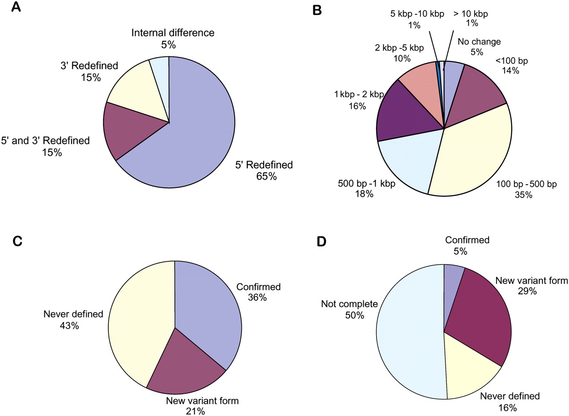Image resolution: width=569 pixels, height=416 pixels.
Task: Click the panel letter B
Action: pos(317,10)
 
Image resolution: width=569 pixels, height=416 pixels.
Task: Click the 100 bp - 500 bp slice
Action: pos(471,151)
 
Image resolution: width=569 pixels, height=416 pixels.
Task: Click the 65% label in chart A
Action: pos(266,176)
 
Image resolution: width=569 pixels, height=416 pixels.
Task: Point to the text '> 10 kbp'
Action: pos(470,14)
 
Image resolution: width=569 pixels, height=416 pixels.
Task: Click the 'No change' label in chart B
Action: pos(479,42)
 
